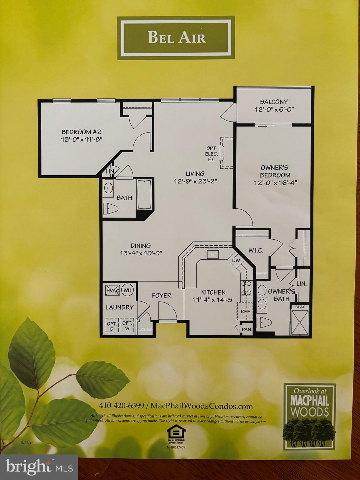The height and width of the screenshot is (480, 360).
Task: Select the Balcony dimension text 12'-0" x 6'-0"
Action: click(x=274, y=109)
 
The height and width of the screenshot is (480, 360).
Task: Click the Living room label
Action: click(x=195, y=173)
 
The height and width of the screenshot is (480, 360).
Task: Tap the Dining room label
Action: click(x=141, y=246)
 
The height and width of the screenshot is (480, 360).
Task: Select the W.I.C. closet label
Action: click(x=256, y=251)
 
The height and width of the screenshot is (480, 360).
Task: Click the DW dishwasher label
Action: click(x=235, y=260)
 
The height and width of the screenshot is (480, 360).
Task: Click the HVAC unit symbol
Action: click(x=112, y=291)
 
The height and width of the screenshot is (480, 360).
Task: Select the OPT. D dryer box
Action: click(x=112, y=325)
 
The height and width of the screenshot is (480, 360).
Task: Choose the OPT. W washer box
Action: click(x=127, y=325)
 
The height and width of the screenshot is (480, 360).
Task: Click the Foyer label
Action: click(x=162, y=295)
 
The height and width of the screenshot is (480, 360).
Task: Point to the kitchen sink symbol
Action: click(x=213, y=254)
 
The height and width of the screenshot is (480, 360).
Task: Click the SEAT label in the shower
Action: click(x=300, y=307)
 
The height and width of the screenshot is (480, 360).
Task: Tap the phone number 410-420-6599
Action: click(x=122, y=406)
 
